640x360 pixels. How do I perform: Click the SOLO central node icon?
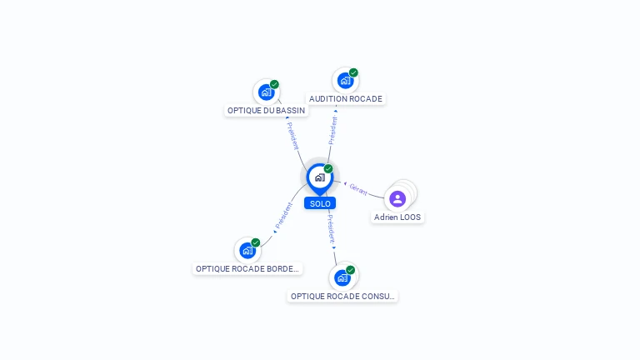(319, 177)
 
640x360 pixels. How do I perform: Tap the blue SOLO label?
(320, 203)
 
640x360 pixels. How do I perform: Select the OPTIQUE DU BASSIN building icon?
(266, 92)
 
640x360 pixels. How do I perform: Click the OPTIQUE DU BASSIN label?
(267, 110)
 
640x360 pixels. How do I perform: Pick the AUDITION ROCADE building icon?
(345, 81)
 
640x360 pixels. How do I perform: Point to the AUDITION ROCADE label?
(346, 98)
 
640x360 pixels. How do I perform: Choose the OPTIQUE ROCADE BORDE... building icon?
(247, 251)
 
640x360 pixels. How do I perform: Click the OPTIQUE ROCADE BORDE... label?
(247, 268)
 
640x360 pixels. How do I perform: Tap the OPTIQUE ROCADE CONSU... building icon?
(342, 277)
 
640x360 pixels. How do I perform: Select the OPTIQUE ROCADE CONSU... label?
(342, 296)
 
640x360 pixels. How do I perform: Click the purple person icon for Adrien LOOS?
(397, 198)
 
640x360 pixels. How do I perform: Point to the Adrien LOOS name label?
(397, 217)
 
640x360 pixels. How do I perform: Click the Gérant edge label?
(358, 188)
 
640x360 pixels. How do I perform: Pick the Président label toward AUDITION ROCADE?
(333, 131)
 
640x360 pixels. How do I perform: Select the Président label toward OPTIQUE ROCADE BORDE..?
(283, 217)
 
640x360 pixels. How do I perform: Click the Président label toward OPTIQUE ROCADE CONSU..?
(331, 227)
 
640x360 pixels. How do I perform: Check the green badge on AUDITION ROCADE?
(353, 72)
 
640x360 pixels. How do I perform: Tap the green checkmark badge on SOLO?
(328, 168)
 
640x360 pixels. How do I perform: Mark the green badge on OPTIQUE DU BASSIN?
(274, 84)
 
